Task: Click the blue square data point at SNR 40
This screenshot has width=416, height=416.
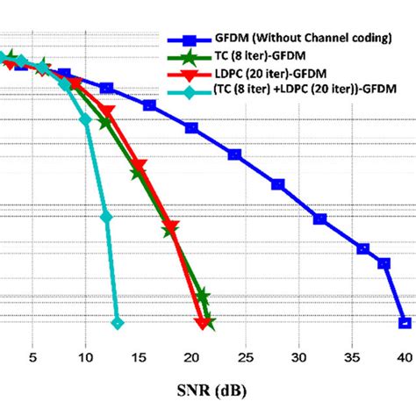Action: pyautogui.click(x=404, y=321)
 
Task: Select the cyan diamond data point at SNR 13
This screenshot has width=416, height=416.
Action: pyautogui.click(x=118, y=324)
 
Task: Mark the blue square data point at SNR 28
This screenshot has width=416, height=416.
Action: pyautogui.click(x=277, y=184)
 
